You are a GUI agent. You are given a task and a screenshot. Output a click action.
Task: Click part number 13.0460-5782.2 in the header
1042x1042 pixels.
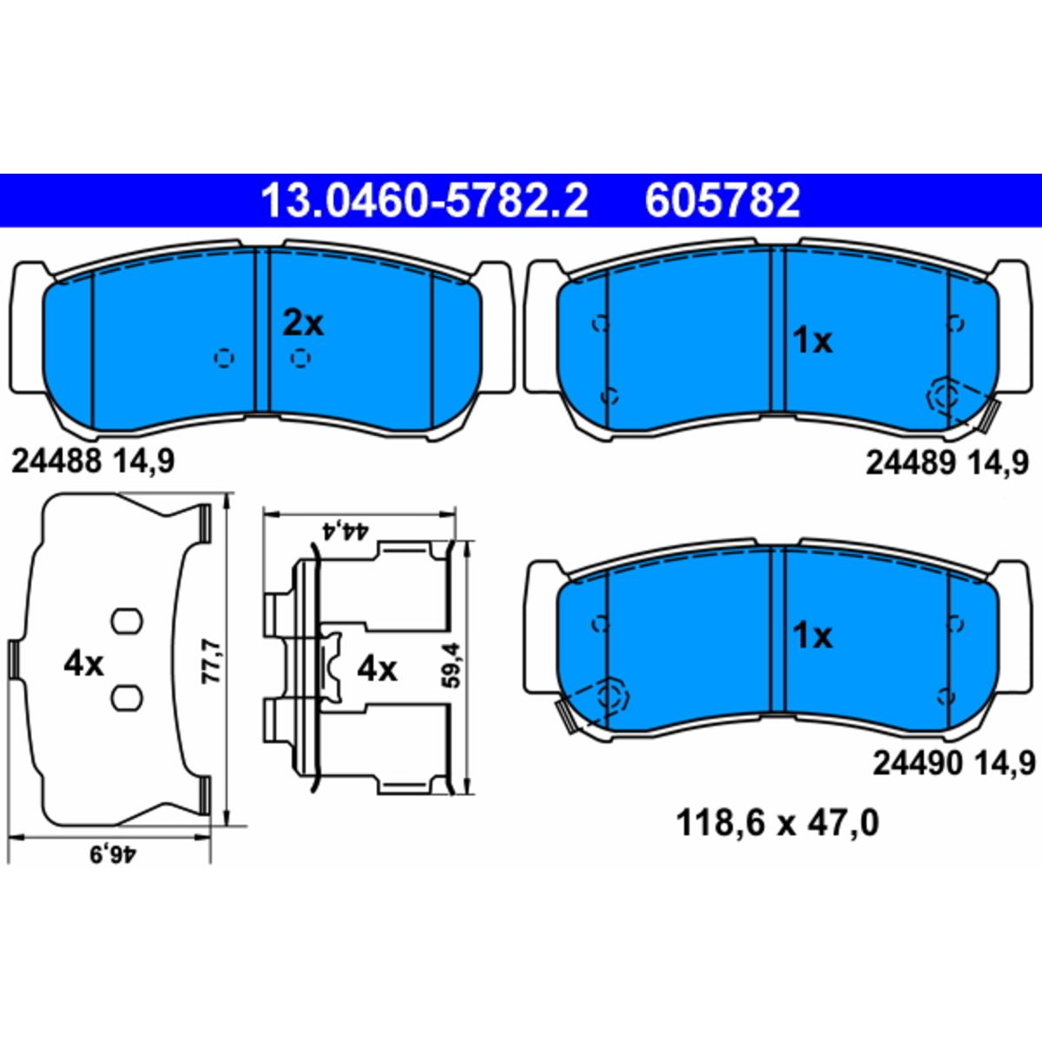click(x=425, y=201)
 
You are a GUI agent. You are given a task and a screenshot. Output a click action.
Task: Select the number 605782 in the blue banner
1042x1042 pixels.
click(x=722, y=201)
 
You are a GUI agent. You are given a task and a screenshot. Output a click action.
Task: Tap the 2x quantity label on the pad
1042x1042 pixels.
click(x=303, y=325)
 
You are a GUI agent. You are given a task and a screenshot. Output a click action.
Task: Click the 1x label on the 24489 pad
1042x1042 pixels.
click(x=812, y=342)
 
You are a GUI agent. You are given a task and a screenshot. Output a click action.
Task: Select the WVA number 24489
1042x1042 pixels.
click(x=910, y=464)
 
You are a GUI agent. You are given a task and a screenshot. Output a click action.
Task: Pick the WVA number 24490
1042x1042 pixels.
click(x=918, y=763)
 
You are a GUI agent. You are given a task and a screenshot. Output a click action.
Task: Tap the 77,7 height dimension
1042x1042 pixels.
click(x=211, y=662)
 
